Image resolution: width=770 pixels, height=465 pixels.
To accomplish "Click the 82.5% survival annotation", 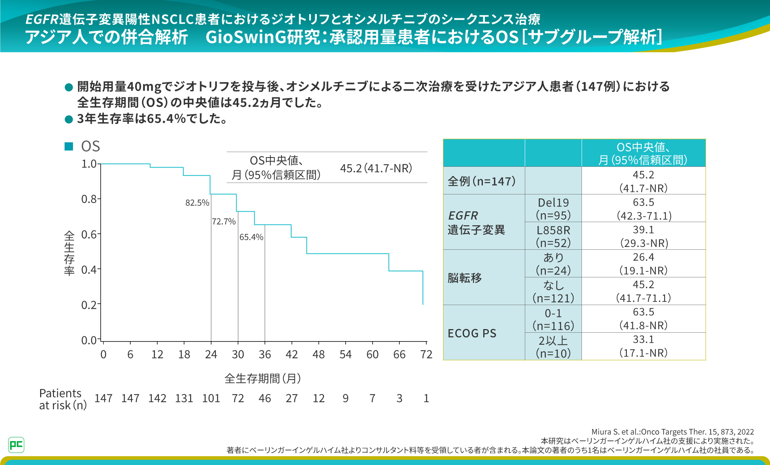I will [197, 203].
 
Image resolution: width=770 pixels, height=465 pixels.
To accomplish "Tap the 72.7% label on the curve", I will [224, 222].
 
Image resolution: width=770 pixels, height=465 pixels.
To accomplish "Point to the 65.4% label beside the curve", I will [251, 237].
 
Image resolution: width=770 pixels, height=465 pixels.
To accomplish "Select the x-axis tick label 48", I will [318, 354].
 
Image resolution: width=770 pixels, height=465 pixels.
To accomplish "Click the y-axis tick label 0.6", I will [89, 235].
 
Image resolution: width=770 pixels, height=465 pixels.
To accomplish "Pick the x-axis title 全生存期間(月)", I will [263, 378].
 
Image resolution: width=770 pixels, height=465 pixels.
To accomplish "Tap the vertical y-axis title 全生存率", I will [69, 253].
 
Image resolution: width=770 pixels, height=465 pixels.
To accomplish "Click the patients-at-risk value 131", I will [184, 398].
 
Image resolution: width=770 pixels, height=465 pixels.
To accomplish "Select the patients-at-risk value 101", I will [211, 398].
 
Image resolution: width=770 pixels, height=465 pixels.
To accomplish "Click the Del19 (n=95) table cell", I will [553, 209].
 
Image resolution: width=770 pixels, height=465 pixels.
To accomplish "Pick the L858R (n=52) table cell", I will [553, 237].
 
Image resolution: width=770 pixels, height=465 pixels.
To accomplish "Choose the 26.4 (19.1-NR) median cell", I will [643, 264].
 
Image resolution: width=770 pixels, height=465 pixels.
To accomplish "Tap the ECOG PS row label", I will [472, 334].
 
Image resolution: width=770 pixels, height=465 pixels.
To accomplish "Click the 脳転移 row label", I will [465, 278].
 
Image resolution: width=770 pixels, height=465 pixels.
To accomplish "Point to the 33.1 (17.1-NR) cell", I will [643, 346].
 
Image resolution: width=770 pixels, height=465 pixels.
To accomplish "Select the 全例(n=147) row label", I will [482, 181].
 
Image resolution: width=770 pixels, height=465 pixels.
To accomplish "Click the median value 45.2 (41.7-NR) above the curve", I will [376, 168].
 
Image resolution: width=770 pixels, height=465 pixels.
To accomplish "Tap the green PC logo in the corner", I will [16, 445].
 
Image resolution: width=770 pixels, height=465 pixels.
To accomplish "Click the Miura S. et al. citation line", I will [673, 432].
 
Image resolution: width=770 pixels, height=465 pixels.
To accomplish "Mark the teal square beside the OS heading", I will [69, 146].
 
